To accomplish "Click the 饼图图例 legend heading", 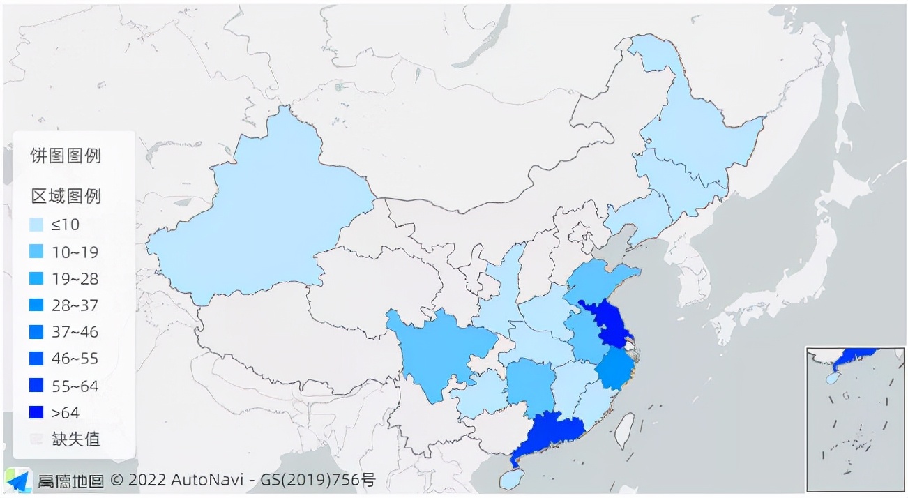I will click(66, 156).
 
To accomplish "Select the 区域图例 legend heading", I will click(66, 196).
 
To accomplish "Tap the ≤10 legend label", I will click(65, 225).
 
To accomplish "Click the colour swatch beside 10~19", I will click(37, 252).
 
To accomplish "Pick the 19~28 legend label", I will click(75, 279).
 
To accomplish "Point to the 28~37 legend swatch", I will click(37, 305).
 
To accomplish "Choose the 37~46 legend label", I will click(75, 332).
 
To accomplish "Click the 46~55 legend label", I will click(75, 359).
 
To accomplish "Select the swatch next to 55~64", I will click(37, 386).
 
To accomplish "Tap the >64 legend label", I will click(65, 413).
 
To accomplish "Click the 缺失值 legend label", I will click(76, 439).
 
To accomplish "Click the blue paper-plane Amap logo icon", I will click(18, 480).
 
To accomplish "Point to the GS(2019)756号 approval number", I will click(318, 481).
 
